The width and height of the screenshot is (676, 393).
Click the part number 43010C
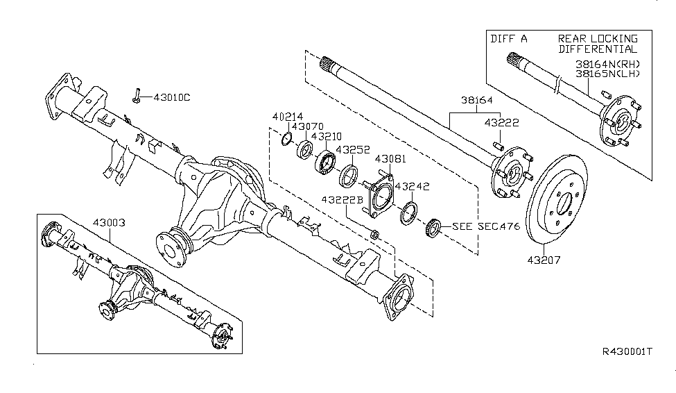click(171, 97)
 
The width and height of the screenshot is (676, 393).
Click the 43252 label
click(352, 149)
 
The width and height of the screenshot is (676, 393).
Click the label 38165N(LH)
click(607, 72)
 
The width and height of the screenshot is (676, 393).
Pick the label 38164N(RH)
click(607, 63)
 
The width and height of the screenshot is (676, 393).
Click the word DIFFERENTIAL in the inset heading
click(597, 49)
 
